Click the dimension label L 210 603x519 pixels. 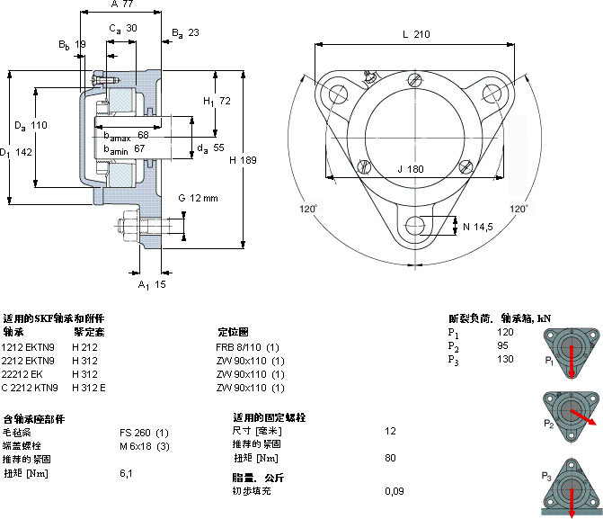416,34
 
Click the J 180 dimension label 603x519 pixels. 410,169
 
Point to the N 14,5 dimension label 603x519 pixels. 477,226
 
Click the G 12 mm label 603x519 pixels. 198,198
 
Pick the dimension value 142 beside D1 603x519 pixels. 24,152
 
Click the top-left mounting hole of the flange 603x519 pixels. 338,94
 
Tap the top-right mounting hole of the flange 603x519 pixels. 492,94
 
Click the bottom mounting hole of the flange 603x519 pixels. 415,225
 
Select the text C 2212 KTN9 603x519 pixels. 30,388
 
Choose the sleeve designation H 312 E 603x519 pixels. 89,388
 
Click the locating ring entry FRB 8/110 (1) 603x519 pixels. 247,347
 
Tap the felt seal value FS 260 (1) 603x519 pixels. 144,433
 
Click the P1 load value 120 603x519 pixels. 505,333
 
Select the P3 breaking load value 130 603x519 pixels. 505,360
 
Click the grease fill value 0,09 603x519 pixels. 394,491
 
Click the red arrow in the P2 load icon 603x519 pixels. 581,421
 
